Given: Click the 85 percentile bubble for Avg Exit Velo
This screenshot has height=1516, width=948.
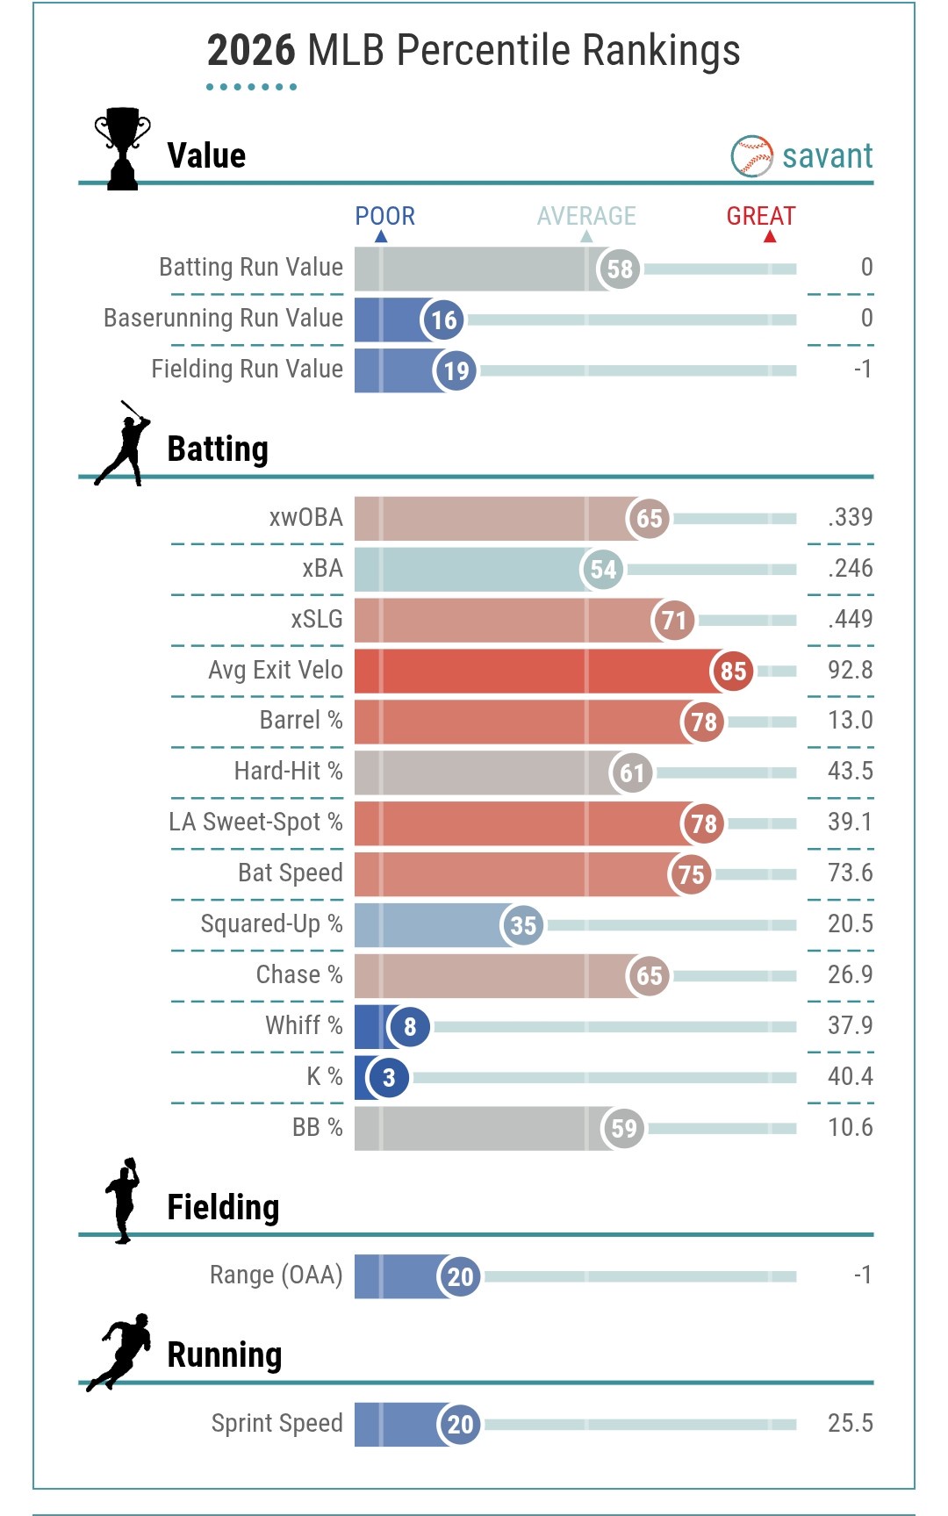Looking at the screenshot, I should click(732, 672).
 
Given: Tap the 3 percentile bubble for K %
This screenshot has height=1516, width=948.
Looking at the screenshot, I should click(389, 1077).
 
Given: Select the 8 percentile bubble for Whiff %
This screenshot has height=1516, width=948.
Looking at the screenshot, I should click(409, 1026).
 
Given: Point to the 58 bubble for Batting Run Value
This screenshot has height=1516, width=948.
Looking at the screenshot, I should click(619, 269).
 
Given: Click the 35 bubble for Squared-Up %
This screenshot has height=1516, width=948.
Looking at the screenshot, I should click(522, 925).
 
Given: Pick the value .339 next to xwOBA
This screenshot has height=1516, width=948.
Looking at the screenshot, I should click(850, 517).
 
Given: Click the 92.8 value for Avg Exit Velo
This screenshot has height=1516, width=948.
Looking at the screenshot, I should click(850, 670).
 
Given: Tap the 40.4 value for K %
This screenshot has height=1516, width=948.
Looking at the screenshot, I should click(850, 1076).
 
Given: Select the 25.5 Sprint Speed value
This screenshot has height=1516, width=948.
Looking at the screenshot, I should click(850, 1423).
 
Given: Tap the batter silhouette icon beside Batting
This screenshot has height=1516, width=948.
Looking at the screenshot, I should click(123, 444).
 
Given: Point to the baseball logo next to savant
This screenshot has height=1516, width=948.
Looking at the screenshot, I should click(751, 156).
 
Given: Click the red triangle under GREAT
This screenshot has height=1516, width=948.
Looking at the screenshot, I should click(770, 236).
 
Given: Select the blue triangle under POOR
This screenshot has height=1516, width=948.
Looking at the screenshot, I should click(381, 236).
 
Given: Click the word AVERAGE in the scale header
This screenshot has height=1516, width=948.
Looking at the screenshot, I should click(586, 216).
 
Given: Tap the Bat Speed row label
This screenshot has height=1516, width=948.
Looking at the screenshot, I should click(290, 873).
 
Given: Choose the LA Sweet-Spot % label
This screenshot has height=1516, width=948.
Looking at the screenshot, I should click(255, 822).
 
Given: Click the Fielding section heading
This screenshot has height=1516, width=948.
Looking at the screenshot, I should click(223, 1207).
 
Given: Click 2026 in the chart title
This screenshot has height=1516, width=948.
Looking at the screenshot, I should click(251, 51).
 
